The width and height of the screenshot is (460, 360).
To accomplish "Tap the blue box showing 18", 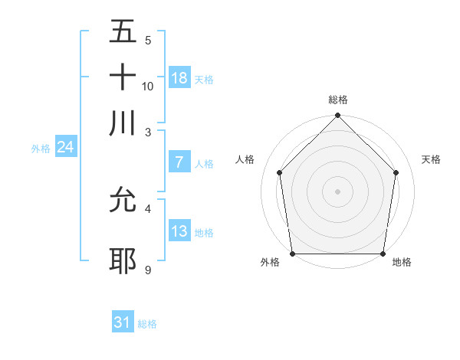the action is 179,78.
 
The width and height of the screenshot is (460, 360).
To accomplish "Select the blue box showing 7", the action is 179,162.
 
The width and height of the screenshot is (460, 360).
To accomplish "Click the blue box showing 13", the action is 179,231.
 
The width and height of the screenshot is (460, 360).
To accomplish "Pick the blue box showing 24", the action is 65,148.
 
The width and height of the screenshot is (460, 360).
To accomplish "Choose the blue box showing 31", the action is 122,322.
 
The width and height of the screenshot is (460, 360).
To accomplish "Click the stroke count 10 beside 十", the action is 148,86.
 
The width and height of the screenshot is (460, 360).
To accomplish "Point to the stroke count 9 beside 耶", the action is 148,270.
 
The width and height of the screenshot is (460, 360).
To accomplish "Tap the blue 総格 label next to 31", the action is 147,324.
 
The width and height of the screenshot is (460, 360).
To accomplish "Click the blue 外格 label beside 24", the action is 40,149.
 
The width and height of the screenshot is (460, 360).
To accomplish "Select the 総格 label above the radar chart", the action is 337,100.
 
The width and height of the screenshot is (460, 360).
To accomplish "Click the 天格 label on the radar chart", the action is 431,159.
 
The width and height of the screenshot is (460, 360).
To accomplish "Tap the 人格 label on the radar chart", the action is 245,159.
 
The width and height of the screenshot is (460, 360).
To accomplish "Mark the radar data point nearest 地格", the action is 383,254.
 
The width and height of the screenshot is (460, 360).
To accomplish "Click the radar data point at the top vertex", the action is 337,116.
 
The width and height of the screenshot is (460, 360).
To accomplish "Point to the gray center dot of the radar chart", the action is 337,191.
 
